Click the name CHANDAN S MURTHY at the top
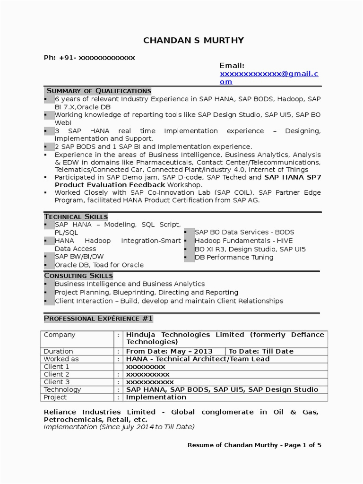(194, 41)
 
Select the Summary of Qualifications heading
(98, 91)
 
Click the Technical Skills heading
(76, 216)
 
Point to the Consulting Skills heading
(78, 276)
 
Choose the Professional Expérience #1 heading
(98, 319)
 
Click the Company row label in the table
(60, 335)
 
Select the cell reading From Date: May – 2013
(169, 351)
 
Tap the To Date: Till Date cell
(261, 351)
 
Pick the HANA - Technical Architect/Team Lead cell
(198, 359)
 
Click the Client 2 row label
(57, 374)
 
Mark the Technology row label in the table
(62, 389)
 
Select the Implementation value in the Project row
(156, 397)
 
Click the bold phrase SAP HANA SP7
(292, 177)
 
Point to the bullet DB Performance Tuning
(234, 257)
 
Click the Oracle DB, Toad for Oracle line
(99, 265)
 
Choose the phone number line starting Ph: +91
(89, 58)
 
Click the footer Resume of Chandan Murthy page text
(254, 445)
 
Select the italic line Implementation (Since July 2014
(119, 427)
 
